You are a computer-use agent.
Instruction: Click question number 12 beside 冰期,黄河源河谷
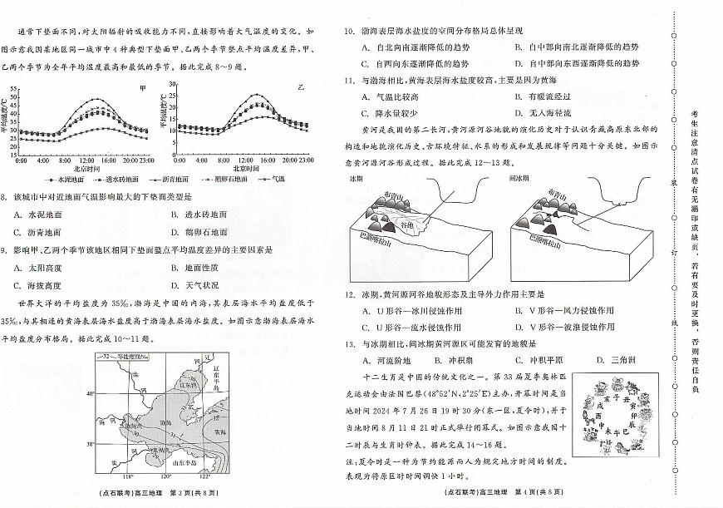[x=349, y=294]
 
